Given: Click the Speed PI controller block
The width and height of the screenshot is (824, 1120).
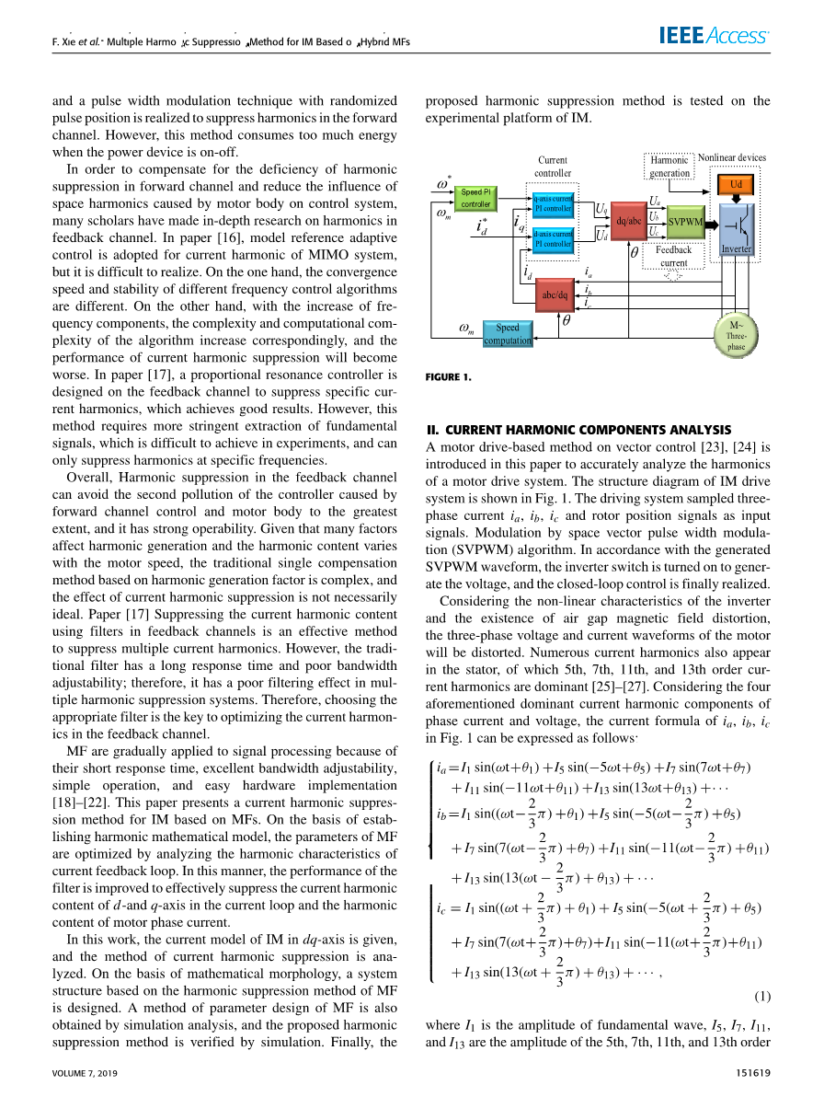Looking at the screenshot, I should coord(475,197).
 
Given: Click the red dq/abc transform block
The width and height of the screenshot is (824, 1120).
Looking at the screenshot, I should coord(629,221).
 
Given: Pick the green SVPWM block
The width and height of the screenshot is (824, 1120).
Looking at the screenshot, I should coord(685,221).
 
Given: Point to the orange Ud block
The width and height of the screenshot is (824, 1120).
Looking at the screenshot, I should coord(736,184).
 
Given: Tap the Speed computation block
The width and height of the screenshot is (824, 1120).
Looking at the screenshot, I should coord(508,333).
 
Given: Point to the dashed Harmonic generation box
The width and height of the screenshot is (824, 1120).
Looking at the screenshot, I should coord(669,167).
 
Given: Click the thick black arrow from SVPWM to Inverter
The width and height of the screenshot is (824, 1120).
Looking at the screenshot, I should coord(712,221).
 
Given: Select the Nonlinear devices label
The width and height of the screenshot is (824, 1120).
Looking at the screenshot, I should coord(732,157).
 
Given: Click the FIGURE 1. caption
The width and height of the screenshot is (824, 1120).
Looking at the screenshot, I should coord(449,376).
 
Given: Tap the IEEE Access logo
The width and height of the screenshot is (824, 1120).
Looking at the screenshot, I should coord(713,36).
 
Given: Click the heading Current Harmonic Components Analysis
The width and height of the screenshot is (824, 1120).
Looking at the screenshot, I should coord(579,430).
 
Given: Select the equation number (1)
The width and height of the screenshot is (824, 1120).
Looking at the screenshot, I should coord(762,996).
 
